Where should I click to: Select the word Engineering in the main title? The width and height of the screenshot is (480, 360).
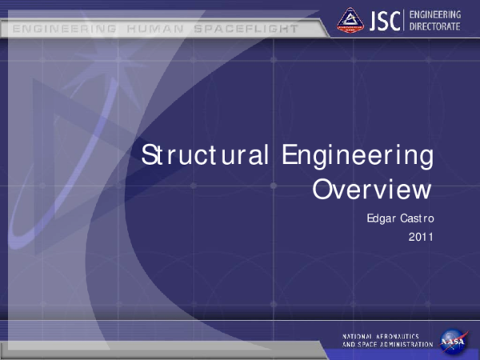tap(358, 156)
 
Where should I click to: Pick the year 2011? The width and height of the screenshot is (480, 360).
tap(420, 236)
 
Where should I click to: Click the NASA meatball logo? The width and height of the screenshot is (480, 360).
tap(452, 338)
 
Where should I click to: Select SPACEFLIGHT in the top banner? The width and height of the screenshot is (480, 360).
tap(245, 29)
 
